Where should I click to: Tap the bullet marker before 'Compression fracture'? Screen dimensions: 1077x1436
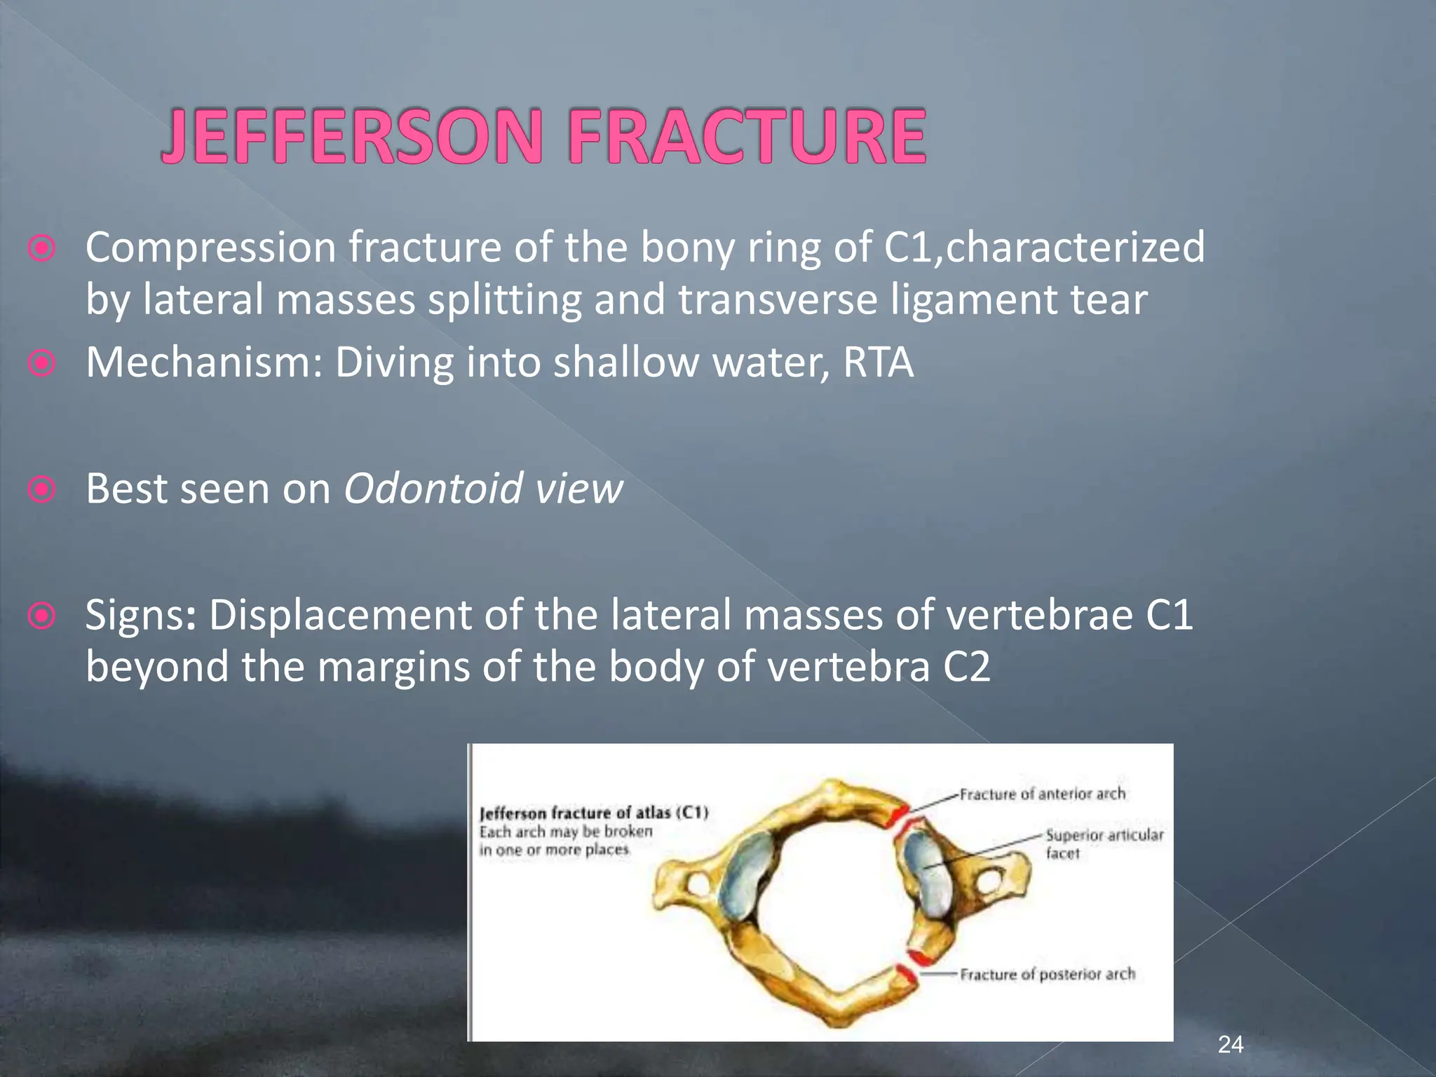tap(42, 249)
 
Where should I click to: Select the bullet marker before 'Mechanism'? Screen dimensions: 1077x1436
tap(42, 363)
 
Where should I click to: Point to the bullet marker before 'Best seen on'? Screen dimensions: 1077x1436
tap(42, 489)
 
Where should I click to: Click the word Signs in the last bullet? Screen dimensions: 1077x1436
tap(140, 616)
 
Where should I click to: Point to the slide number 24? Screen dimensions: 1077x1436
tap(1231, 1045)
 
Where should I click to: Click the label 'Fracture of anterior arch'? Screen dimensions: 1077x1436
tap(1042, 794)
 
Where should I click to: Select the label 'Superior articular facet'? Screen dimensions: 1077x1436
tap(1104, 844)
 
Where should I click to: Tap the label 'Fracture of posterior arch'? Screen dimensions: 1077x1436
tap(1047, 974)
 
